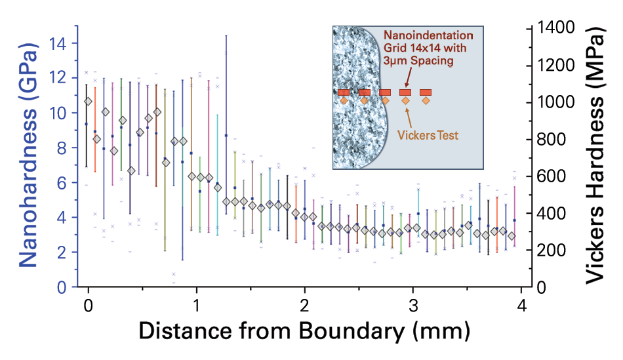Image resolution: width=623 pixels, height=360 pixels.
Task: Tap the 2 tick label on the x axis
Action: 304,306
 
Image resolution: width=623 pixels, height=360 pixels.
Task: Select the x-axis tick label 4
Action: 521,306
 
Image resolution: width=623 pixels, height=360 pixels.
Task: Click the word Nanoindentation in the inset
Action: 428,34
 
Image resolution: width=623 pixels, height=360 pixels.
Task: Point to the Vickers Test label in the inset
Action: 428,136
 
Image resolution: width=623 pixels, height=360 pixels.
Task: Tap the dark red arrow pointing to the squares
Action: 408,78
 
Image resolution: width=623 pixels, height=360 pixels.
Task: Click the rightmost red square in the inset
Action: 426,92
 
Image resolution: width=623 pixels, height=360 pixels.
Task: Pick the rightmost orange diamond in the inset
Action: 426,101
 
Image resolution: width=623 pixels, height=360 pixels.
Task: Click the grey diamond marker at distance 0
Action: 89,102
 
